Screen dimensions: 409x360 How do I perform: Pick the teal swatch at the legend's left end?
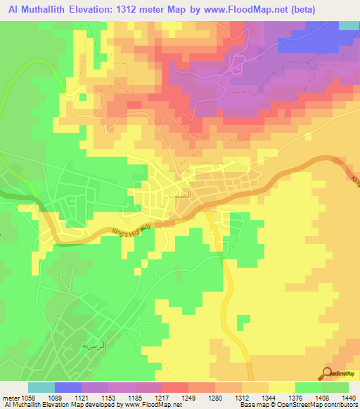click(x=41, y=387)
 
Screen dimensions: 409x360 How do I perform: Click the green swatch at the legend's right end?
click(x=335, y=387)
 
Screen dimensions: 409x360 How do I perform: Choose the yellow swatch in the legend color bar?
click(x=281, y=387)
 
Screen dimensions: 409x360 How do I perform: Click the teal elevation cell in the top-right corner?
click(x=349, y=25)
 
